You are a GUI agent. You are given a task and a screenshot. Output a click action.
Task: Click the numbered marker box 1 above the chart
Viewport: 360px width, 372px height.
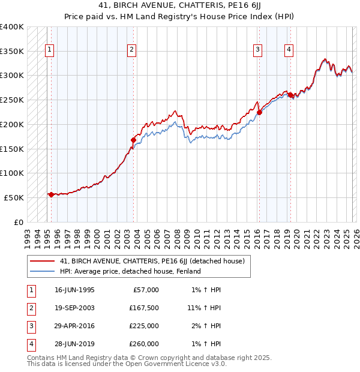coord(49,50)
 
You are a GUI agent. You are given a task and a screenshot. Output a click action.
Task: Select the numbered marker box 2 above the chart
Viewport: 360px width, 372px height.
coord(131,50)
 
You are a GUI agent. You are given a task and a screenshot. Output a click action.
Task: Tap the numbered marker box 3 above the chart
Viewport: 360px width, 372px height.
coord(257,50)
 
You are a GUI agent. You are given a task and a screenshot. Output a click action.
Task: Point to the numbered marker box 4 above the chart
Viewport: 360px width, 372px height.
coord(289,50)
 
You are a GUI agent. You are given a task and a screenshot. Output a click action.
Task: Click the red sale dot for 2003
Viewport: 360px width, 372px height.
coord(134,140)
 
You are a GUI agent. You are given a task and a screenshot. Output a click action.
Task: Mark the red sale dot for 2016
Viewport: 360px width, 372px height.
coord(260,112)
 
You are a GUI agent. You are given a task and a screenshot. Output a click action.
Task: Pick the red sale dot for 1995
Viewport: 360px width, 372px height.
coord(51,194)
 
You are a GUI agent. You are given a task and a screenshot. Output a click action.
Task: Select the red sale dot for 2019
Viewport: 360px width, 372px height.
coord(290,95)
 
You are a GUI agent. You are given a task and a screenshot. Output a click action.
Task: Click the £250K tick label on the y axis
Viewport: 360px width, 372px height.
coord(11,100)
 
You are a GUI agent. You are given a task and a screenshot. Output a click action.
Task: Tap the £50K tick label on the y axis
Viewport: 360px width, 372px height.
coord(14,197)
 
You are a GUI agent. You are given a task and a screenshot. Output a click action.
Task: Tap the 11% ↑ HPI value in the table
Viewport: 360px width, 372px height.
coord(204,308)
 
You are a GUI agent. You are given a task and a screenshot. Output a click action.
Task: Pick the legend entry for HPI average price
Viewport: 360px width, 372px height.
coord(130,271)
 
